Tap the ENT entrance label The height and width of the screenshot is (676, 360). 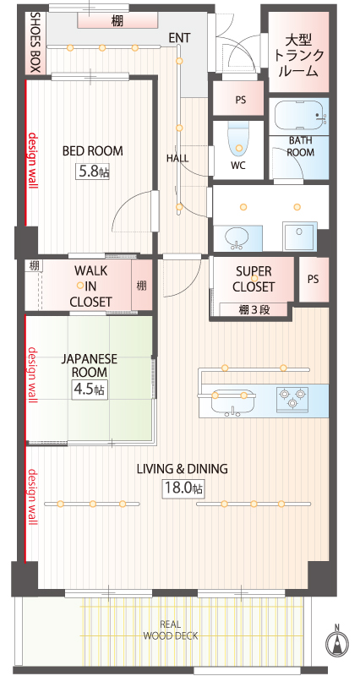coord(179,38)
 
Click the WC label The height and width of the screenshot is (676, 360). coord(238,166)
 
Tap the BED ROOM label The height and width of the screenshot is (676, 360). coord(93,151)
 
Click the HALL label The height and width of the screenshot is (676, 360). coord(177,158)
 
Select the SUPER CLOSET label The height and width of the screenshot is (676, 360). coord(254,279)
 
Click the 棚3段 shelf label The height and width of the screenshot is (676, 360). coord(254,309)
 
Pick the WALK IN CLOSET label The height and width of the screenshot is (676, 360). coord(91,286)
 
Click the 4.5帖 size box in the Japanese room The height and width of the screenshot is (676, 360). coord(90,390)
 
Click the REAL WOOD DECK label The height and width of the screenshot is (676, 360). coord(171,630)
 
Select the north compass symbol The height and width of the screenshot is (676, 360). coord(336,643)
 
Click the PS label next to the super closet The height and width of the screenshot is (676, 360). coord(314,279)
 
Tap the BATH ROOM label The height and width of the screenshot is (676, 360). coord(301,146)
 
